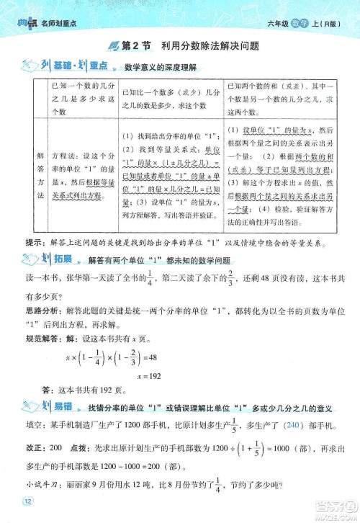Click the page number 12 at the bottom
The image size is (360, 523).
click(28, 501)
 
